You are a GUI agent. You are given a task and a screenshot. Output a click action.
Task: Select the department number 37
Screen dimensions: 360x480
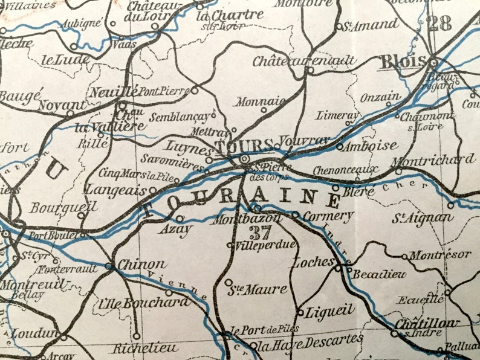pyautogui.click(x=261, y=232)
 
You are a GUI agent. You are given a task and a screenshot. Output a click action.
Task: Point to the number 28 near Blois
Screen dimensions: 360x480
pyautogui.click(x=439, y=24)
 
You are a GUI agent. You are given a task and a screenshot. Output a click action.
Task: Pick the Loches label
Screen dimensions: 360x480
pyautogui.click(x=313, y=262)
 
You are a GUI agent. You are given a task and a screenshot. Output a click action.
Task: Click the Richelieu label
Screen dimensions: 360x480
pyautogui.click(x=145, y=349)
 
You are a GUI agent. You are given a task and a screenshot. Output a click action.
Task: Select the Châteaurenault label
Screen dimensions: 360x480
pyautogui.click(x=304, y=61)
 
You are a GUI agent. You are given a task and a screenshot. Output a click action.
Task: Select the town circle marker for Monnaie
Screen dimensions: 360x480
pyautogui.click(x=264, y=110)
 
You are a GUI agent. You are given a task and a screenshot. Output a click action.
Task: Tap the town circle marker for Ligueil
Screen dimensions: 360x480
pyautogui.click(x=300, y=312)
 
